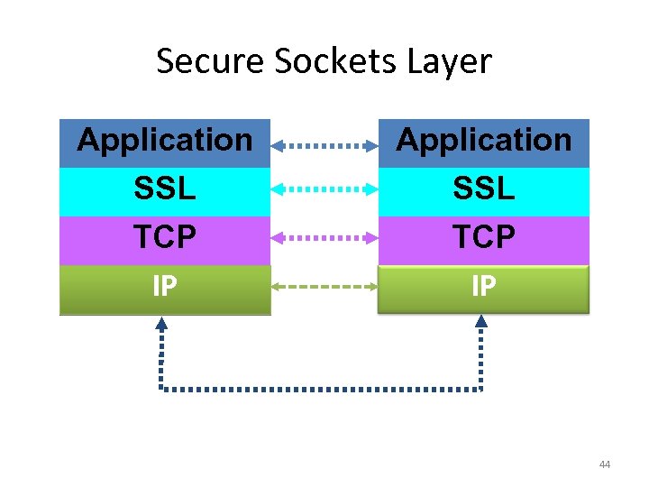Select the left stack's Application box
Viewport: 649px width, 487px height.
(x=165, y=142)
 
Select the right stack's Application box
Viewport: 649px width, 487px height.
(x=483, y=142)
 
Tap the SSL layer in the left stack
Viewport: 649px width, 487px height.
(x=165, y=189)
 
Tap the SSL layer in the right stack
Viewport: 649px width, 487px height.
(x=483, y=189)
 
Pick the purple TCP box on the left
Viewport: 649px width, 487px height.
(x=165, y=238)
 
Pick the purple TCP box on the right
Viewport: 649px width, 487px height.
(x=483, y=238)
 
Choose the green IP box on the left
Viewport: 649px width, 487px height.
(x=165, y=289)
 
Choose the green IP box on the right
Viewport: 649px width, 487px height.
(x=483, y=289)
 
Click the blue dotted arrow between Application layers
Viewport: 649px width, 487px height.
(x=324, y=144)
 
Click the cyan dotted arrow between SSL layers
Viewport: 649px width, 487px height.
(x=324, y=189)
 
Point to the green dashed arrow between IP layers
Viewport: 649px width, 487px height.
(x=324, y=287)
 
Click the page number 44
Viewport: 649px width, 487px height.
(x=604, y=464)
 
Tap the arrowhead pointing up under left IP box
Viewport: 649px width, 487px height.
(x=161, y=322)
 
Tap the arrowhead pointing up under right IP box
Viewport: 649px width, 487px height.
(x=480, y=322)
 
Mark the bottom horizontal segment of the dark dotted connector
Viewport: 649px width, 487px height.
(x=321, y=390)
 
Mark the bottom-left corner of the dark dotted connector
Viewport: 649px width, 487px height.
(x=161, y=390)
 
